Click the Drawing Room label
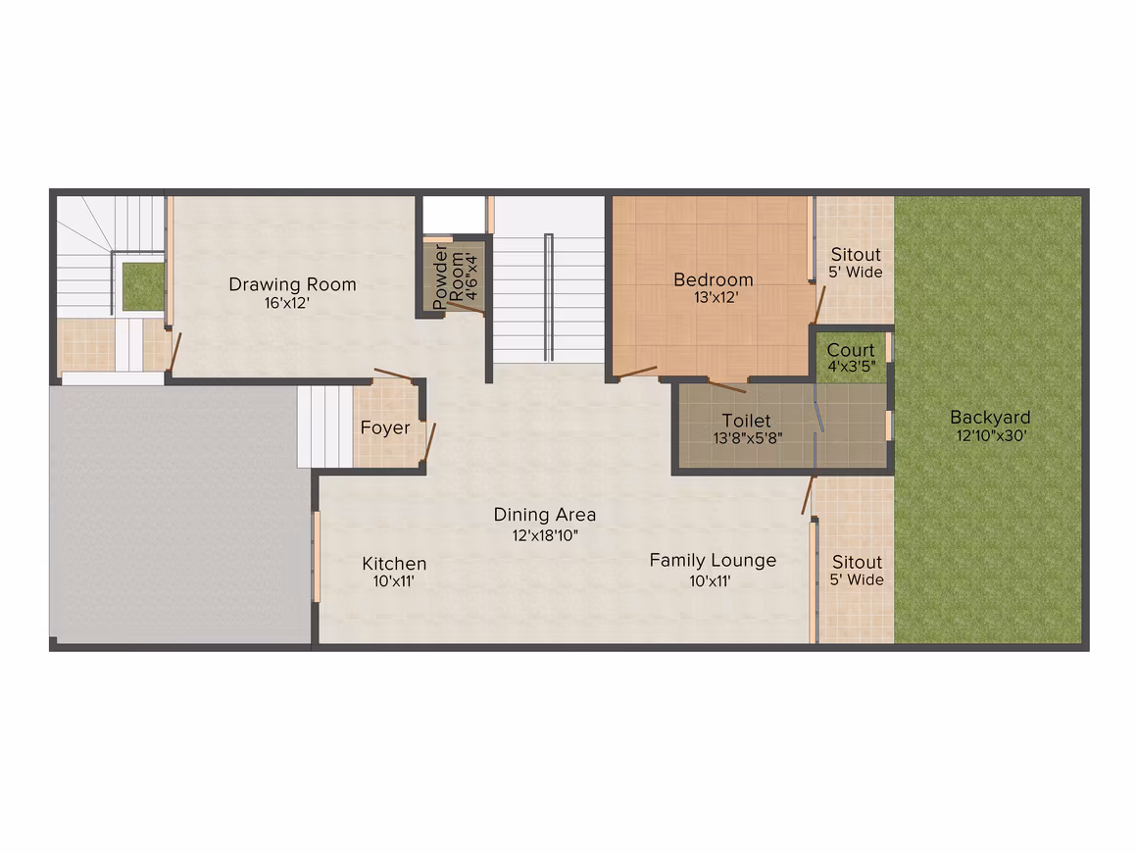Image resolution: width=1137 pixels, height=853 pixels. click(292, 284)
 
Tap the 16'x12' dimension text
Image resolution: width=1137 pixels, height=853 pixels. click(287, 303)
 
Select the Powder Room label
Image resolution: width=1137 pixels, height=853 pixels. click(448, 277)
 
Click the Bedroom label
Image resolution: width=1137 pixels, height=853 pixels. click(714, 279)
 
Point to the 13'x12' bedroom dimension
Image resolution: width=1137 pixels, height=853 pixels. click(716, 297)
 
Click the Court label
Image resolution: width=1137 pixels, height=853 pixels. click(851, 350)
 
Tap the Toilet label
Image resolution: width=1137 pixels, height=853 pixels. click(746, 421)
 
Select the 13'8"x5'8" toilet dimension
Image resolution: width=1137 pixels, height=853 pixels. click(748, 438)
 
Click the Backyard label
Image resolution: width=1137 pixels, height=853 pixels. click(990, 418)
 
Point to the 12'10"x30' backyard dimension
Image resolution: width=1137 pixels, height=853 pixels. click(991, 436)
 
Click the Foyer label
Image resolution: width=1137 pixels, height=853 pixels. click(385, 427)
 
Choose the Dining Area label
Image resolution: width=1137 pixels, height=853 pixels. click(545, 515)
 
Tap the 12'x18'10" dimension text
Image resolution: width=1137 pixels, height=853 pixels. click(545, 536)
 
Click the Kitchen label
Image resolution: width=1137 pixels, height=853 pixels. click(394, 564)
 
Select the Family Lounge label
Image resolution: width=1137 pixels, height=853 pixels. click(713, 561)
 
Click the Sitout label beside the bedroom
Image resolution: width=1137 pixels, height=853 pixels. click(856, 255)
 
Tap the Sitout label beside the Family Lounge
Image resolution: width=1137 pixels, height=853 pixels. click(857, 562)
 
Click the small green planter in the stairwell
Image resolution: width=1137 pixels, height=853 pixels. click(143, 283)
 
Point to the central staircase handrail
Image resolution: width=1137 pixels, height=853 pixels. click(549, 297)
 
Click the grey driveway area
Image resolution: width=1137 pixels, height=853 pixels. click(179, 514)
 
